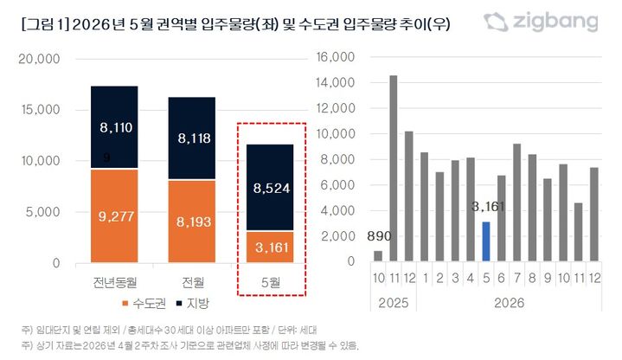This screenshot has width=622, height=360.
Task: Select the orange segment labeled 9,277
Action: coord(125,215)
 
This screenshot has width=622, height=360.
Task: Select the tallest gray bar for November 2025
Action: coord(394,168)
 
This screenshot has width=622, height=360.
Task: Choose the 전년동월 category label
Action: coord(125,281)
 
